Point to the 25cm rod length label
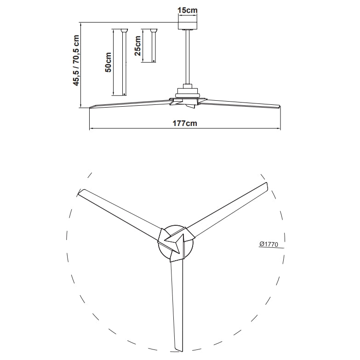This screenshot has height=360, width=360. click(137, 46)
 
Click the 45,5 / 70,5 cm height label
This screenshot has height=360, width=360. click(76, 60)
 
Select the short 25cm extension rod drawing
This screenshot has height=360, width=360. click(153, 46)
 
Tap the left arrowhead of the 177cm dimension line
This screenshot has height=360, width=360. click(91, 128)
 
